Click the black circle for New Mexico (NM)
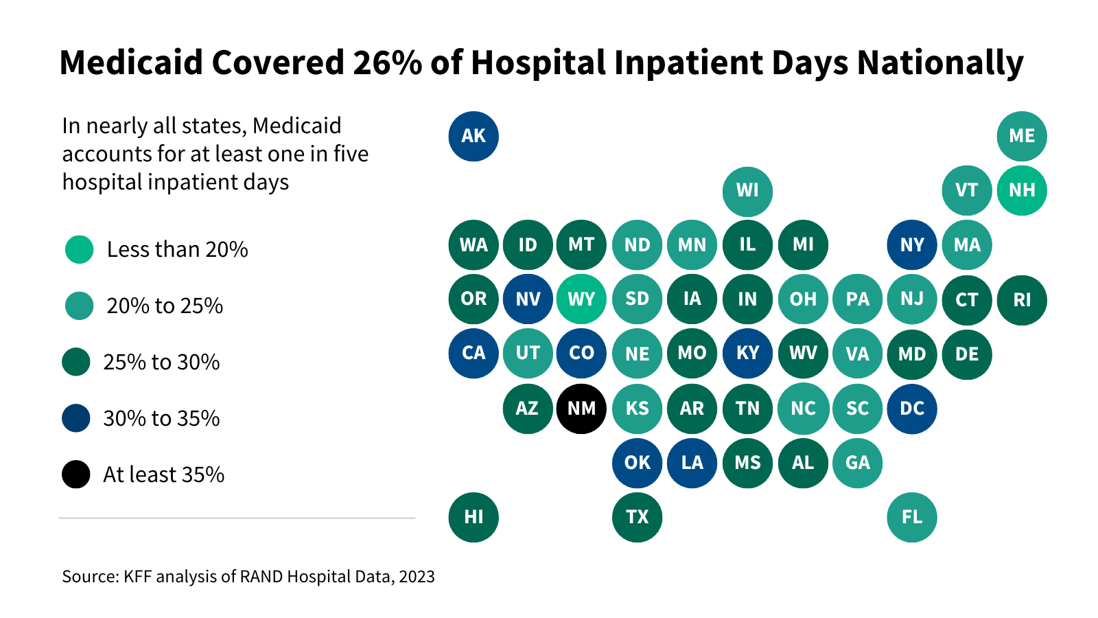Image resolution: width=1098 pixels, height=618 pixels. [x=581, y=409]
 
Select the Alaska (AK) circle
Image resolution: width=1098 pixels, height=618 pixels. [x=474, y=136]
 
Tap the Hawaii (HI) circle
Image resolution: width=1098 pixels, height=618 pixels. [x=474, y=517]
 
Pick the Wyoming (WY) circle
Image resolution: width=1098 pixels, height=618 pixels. [x=581, y=299]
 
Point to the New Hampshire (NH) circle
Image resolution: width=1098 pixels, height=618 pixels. [x=1022, y=190]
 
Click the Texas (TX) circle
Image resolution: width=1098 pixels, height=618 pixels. [x=637, y=517]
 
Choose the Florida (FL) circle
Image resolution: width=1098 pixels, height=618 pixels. [x=912, y=517]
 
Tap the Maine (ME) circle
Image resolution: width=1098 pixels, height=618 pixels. [x=1022, y=136]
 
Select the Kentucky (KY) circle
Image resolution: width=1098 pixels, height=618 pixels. [x=747, y=354]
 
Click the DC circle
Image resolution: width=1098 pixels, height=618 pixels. [x=912, y=409]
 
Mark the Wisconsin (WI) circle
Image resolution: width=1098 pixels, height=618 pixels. [x=747, y=190]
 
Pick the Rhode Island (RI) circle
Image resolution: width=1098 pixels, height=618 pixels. [x=1022, y=299]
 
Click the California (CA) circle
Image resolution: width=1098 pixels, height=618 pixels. [x=474, y=354]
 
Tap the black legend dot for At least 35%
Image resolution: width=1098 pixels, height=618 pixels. [x=76, y=474]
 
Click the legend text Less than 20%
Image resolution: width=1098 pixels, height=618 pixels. [x=177, y=249]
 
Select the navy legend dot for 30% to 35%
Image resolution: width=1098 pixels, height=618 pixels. [x=76, y=417]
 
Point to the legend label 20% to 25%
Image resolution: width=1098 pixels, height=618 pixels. [x=165, y=306]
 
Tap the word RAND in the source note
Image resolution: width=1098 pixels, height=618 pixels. [x=261, y=576]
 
